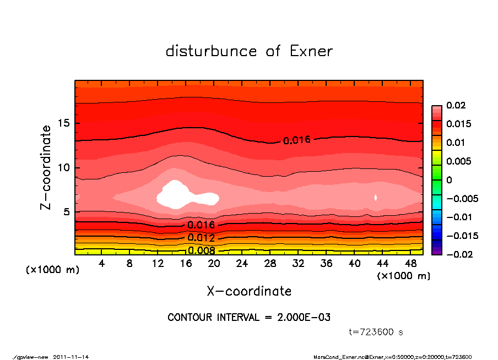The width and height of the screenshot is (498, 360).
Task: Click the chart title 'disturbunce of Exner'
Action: click(249, 51)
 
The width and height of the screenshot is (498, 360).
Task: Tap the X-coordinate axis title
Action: click(249, 291)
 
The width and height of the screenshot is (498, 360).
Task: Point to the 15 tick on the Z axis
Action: click(64, 123)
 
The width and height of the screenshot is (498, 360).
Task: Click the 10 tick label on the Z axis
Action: click(64, 167)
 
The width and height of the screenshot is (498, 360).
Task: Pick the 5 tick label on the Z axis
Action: click(67, 211)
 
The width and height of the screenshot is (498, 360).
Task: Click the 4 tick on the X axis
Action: click(102, 264)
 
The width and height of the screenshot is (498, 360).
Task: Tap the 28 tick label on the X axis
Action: click(270, 264)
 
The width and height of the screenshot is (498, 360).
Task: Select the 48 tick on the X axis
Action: click(410, 264)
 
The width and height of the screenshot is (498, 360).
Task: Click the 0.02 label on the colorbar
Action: click(456, 105)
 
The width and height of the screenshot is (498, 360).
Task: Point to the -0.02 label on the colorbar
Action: click(458, 254)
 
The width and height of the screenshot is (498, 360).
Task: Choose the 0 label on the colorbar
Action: click(449, 179)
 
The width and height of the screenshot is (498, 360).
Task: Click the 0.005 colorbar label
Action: click(458, 161)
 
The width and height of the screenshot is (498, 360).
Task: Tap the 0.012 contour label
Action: click(201, 238)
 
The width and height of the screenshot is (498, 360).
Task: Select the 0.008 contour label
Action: click(201, 250)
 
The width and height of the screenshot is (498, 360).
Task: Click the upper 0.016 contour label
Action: click(297, 140)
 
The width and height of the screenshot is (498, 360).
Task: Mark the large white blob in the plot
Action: click(176, 194)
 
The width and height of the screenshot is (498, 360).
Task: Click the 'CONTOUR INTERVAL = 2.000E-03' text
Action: click(249, 318)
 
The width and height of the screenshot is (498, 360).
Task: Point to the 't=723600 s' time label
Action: click(376, 332)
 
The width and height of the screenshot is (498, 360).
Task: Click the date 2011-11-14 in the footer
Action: click(71, 357)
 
